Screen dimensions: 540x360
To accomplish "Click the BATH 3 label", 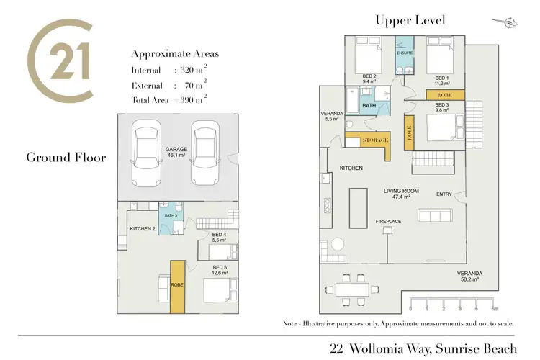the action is pos(171,215).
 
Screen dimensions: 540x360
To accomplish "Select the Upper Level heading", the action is pos(410,20).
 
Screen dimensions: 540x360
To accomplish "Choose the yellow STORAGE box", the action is pos(367,140).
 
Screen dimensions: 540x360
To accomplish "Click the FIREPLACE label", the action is pos(387,220).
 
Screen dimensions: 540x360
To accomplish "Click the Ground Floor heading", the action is pos(66,157).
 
